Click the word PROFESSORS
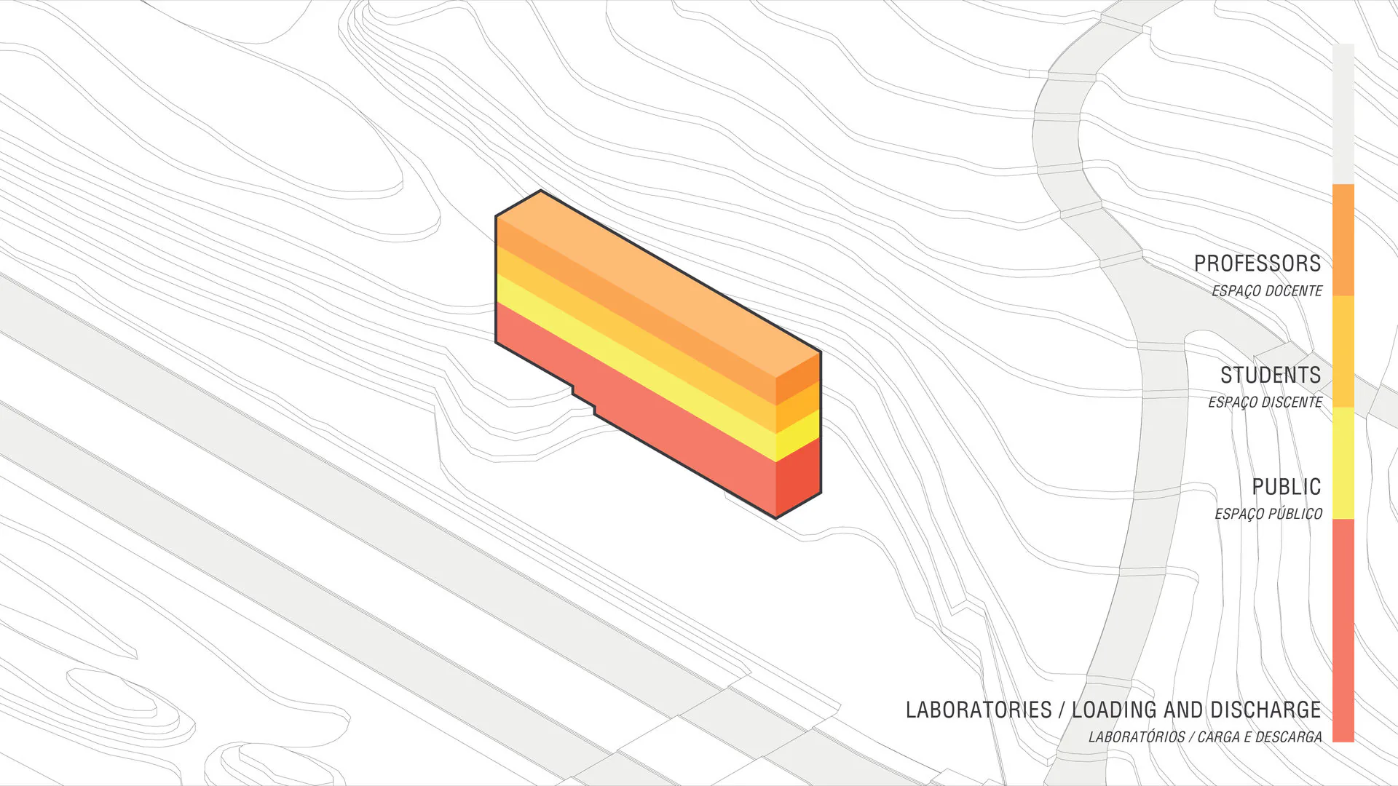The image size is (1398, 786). click(1257, 263)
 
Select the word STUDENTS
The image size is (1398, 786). click(1271, 375)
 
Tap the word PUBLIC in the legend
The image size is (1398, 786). click(1287, 486)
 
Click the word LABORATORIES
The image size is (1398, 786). click(979, 710)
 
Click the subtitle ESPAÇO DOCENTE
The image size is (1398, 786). click(1267, 291)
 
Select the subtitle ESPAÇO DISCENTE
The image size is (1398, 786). click(1265, 402)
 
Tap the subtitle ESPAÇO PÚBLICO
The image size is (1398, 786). click(1268, 514)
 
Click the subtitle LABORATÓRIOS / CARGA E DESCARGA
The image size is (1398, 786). click(1205, 737)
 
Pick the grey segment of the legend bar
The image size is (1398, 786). click(1343, 114)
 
